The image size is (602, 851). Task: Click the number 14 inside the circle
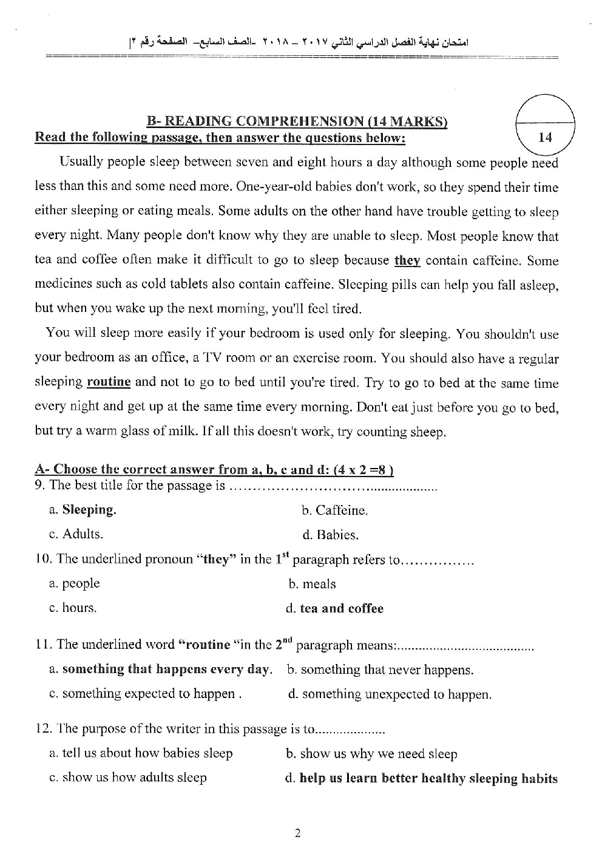(545, 137)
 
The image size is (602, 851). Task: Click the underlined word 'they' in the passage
(407, 260)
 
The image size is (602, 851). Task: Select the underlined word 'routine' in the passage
(109, 382)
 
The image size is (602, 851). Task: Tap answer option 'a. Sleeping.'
(83, 510)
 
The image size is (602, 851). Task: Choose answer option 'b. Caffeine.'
(334, 510)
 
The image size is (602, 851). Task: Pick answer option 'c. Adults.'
(76, 534)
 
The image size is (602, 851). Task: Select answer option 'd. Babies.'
(330, 535)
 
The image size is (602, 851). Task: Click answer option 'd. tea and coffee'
(334, 609)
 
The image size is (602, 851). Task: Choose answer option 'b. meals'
(312, 584)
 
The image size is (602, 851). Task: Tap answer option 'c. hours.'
(73, 608)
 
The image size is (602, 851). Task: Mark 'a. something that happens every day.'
(160, 670)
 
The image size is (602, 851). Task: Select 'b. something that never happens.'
(380, 670)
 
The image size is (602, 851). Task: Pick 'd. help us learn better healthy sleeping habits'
(421, 779)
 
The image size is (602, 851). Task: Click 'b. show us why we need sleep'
(371, 754)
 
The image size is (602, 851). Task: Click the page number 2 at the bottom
(297, 833)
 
